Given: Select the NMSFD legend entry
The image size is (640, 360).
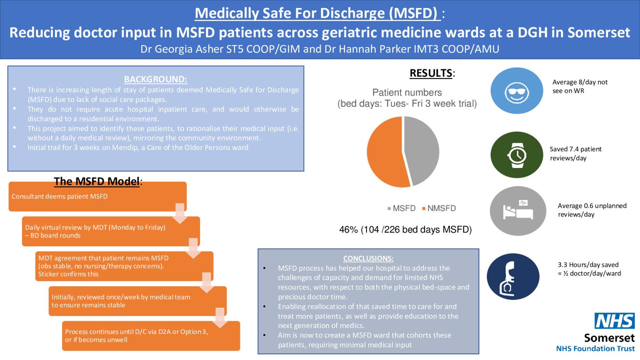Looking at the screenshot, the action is pyautogui.click(x=439, y=208).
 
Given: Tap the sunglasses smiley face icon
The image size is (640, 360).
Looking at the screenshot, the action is pyautogui.click(x=517, y=92).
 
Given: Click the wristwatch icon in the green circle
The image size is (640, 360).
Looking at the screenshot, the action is pyautogui.click(x=517, y=155).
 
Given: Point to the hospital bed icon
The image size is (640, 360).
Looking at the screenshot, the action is pyautogui.click(x=518, y=210).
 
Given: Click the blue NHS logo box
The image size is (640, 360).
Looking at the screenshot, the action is pyautogui.click(x=615, y=321).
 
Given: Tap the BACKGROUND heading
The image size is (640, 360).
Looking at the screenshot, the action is pyautogui.click(x=155, y=79).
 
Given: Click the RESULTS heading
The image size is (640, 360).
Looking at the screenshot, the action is pyautogui.click(x=431, y=73).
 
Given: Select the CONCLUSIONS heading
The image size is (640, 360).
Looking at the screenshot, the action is pyautogui.click(x=368, y=258).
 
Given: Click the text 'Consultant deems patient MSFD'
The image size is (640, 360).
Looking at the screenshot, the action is pyautogui.click(x=60, y=197).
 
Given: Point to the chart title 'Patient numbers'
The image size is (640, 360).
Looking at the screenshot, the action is pyautogui.click(x=407, y=92).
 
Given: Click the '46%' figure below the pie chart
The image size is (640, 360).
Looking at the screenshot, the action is pyautogui.click(x=348, y=229).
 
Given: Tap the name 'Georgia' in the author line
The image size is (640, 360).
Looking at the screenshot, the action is pyautogui.click(x=174, y=49).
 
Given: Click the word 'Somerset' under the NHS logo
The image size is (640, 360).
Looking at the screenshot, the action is pyautogui.click(x=609, y=338).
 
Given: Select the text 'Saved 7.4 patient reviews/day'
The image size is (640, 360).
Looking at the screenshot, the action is pyautogui.click(x=576, y=153).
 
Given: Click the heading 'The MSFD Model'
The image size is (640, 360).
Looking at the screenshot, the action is pyautogui.click(x=97, y=181).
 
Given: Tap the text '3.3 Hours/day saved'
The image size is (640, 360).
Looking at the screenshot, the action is pyautogui.click(x=588, y=265).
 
